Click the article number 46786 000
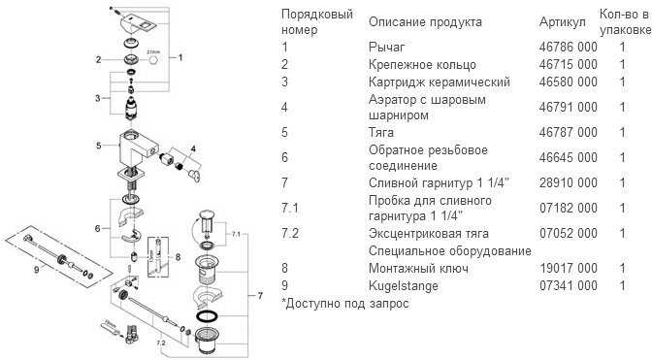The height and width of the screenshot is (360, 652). [x=568, y=47]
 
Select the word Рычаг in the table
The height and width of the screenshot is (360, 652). [x=386, y=48]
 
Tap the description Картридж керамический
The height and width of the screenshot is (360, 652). [x=440, y=82]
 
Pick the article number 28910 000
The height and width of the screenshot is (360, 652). [x=568, y=182]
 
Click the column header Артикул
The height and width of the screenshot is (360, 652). [x=562, y=22]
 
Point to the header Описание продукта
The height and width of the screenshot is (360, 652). [x=425, y=22]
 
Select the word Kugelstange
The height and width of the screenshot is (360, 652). [x=404, y=286]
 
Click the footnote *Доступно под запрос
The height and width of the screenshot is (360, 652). [x=344, y=304]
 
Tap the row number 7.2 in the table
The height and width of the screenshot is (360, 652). [x=290, y=233]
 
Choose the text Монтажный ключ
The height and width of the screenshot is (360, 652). [x=418, y=269]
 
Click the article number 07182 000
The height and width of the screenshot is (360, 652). [x=568, y=208]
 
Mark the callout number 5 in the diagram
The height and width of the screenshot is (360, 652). [x=99, y=146]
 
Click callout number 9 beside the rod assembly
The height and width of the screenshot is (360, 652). [x=37, y=270]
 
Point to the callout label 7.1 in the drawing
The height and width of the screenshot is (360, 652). [x=236, y=234]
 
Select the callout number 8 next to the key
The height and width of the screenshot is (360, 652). [x=178, y=257]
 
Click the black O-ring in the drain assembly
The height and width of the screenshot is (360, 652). [x=207, y=316]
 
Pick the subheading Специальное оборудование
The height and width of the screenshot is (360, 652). [x=450, y=251]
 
